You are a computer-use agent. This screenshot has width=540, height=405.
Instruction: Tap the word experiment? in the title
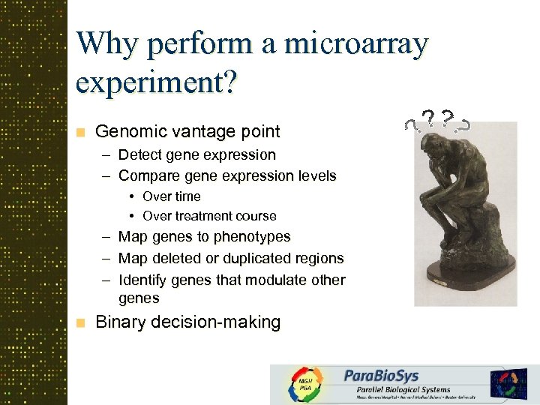[155, 81]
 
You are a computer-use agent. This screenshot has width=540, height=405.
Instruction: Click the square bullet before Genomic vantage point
[81, 133]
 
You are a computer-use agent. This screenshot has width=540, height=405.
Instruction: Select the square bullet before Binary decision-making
[81, 323]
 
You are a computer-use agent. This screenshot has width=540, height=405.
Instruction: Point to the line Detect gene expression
[196, 155]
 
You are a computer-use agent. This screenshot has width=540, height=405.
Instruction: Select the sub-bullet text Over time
[172, 196]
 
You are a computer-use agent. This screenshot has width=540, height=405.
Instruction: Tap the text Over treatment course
[209, 216]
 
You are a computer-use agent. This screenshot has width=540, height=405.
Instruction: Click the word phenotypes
[252, 237]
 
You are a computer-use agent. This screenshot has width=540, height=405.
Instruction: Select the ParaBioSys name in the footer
[381, 376]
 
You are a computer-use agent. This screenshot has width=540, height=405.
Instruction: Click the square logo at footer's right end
[509, 383]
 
